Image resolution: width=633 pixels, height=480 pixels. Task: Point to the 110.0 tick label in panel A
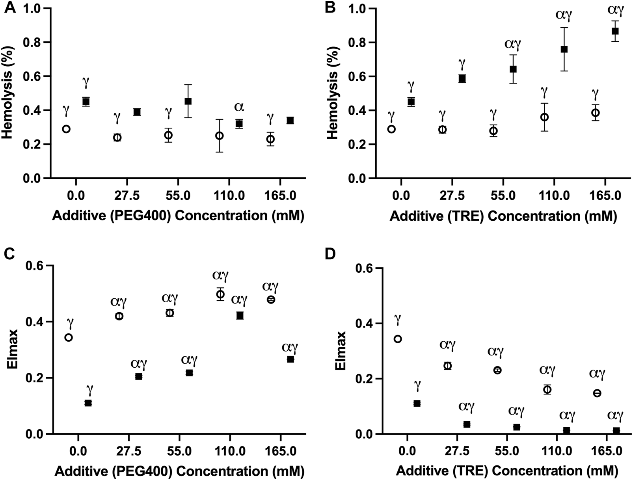tap(229, 196)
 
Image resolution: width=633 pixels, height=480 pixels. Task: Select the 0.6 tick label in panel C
tap(34, 266)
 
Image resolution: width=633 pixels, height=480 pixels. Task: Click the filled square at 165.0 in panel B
tap(615, 31)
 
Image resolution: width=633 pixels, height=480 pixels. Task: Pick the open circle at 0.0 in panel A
tap(66, 129)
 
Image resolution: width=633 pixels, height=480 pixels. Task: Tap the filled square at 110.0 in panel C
tap(240, 315)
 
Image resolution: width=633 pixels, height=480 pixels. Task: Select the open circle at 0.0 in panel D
tap(398, 339)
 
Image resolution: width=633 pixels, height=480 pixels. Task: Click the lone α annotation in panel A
tap(239, 107)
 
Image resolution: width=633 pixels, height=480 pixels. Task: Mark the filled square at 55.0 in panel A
tap(188, 101)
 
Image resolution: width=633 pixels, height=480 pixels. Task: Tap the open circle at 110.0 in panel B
tap(544, 117)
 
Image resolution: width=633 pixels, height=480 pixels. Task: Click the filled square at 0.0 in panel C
tap(88, 403)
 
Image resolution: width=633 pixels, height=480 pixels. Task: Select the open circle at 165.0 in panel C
tap(271, 300)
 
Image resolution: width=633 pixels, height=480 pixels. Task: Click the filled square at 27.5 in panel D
tap(467, 424)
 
